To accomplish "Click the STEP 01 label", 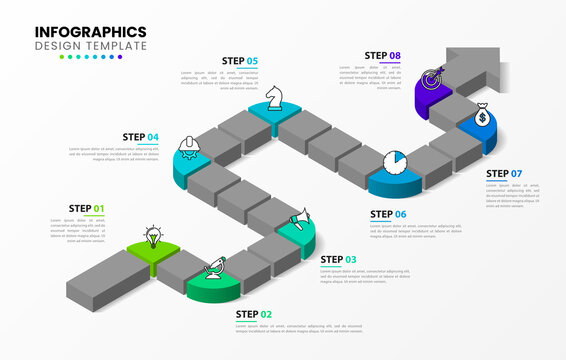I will pyautogui.click(x=86, y=209).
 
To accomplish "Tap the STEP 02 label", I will pyautogui.click(x=253, y=314).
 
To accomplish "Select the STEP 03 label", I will pyautogui.click(x=337, y=260).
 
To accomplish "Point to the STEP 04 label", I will pyautogui.click(x=140, y=137).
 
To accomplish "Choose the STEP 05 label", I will pyautogui.click(x=239, y=61).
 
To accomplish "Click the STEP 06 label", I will pyautogui.click(x=387, y=214).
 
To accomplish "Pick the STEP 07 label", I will pyautogui.click(x=504, y=174).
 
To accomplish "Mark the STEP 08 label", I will pyautogui.click(x=383, y=56).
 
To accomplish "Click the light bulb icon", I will pyautogui.click(x=152, y=237).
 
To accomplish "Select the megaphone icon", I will pyautogui.click(x=299, y=217).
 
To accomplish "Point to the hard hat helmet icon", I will pyautogui.click(x=188, y=148).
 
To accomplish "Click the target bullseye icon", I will pyautogui.click(x=433, y=77).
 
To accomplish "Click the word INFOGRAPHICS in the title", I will pyautogui.click(x=90, y=32).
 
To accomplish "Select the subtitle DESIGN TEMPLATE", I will pyautogui.click(x=90, y=46).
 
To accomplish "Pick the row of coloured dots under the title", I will pyautogui.click(x=90, y=57).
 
